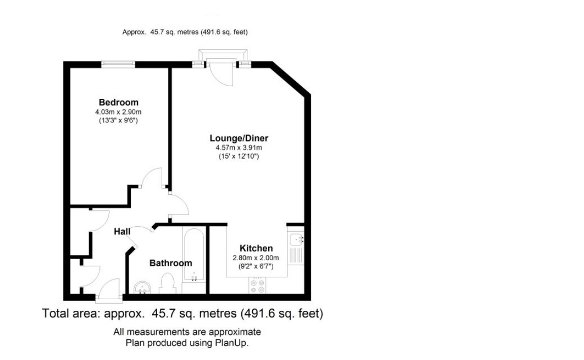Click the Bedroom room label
(x=119, y=102)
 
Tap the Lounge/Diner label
(x=239, y=138)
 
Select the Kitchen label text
(x=256, y=248)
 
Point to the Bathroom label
(x=170, y=263)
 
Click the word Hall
(x=122, y=231)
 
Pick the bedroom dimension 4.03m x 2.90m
(x=119, y=112)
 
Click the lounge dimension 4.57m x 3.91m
(x=239, y=148)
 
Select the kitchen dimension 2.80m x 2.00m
(x=256, y=258)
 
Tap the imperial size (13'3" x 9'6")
(x=119, y=121)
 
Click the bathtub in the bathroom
(x=194, y=255)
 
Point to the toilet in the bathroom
(x=167, y=284)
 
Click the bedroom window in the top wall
(x=118, y=64)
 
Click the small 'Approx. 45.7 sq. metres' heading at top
(x=185, y=32)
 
